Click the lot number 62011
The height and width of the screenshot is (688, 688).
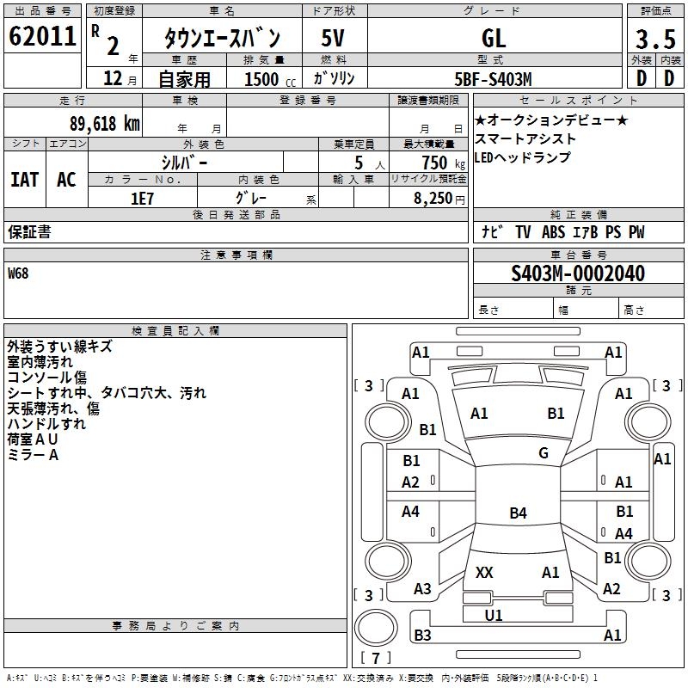[42, 36]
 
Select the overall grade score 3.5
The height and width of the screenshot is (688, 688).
[655, 39]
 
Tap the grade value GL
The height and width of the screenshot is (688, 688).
[494, 38]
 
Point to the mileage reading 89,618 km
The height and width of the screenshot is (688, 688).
[105, 124]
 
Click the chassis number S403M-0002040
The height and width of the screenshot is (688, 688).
[578, 273]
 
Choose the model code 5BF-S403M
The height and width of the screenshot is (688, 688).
[493, 79]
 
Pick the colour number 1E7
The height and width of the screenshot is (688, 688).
[142, 199]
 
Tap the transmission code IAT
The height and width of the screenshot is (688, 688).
[25, 180]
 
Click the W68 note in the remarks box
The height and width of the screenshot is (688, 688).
[18, 273]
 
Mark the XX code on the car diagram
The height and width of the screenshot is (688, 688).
[484, 572]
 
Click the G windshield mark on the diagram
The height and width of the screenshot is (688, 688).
[544, 453]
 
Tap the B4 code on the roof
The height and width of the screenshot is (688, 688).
[518, 513]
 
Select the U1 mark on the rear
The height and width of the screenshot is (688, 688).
[493, 615]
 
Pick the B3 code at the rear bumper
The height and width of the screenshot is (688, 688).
[422, 635]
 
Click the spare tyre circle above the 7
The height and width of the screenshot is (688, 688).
[376, 628]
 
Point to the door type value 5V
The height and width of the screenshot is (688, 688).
[333, 38]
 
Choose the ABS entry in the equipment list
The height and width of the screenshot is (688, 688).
[553, 232]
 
